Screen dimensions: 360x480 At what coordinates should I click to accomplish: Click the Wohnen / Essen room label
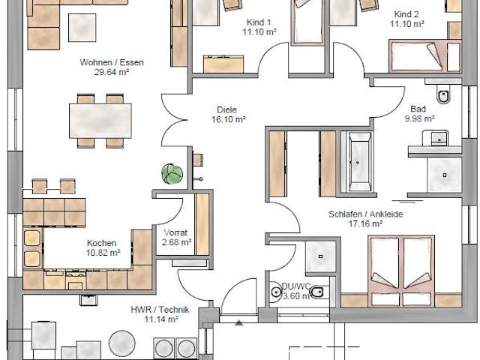(x=112, y=62)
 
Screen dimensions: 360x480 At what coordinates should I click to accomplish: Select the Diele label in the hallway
(x=226, y=107)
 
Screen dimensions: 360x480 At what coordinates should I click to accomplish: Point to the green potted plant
(x=172, y=173)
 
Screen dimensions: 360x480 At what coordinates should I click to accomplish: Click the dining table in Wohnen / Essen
(x=100, y=120)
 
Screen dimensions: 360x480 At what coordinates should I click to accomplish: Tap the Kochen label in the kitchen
(x=101, y=243)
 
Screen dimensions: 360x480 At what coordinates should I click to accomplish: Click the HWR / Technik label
(x=161, y=309)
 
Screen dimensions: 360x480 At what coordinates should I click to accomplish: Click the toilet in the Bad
(x=443, y=96)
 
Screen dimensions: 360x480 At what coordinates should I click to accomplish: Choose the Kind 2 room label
(x=406, y=14)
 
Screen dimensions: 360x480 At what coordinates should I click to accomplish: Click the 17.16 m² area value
(x=365, y=223)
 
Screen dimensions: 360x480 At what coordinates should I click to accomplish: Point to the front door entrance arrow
(x=238, y=323)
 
